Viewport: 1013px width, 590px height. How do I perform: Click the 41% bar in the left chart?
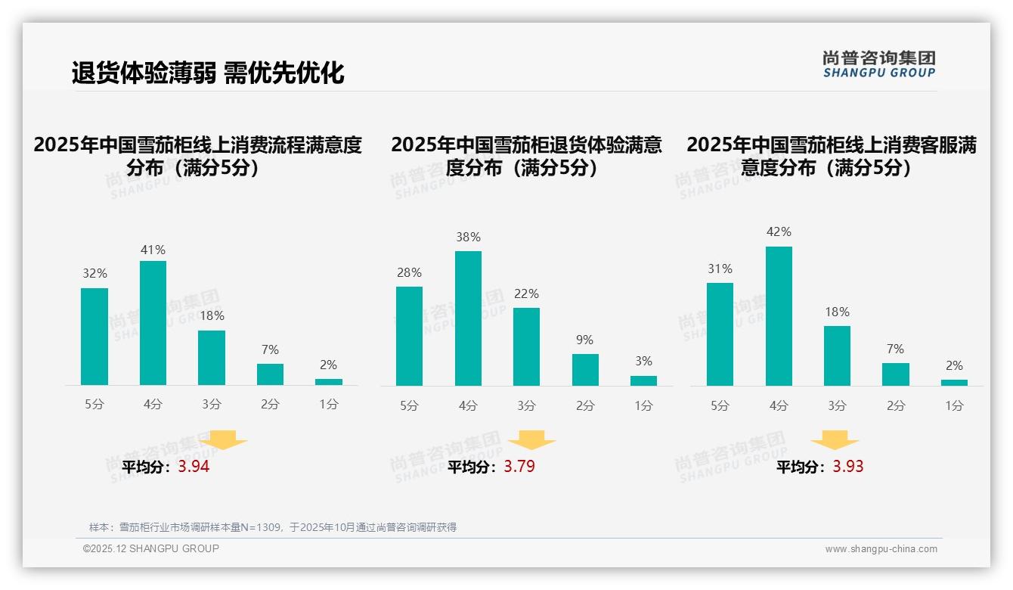[x=153, y=323]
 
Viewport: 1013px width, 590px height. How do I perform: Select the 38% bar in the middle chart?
[x=468, y=318]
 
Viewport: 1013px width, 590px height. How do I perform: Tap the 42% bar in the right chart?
[x=779, y=316]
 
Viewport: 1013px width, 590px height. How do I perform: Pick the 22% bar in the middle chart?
[x=526, y=346]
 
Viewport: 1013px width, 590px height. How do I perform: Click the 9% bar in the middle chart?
[x=585, y=370]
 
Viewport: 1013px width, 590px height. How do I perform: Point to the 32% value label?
[x=94, y=274]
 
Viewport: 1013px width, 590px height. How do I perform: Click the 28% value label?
[x=410, y=272]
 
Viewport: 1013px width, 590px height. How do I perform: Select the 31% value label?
[x=720, y=269]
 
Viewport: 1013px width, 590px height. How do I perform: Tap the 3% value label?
[x=643, y=362]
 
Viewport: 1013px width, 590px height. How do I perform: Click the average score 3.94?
[x=194, y=467]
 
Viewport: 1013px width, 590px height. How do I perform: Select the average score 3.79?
[x=519, y=467]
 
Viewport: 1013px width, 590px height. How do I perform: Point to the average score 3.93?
[x=847, y=467]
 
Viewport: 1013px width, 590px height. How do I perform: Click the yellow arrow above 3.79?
[x=531, y=440]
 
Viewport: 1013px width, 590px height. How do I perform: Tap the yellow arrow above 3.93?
[x=835, y=440]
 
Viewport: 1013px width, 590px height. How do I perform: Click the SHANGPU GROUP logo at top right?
[x=878, y=64]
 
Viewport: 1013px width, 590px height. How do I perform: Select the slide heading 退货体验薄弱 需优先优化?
[x=208, y=73]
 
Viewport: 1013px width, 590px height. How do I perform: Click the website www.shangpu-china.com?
[x=881, y=549]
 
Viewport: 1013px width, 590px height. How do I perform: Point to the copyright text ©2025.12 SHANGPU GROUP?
[x=151, y=548]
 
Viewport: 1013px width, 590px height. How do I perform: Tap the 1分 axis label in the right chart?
[x=954, y=406]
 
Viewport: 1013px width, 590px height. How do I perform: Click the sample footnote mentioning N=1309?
[x=273, y=527]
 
